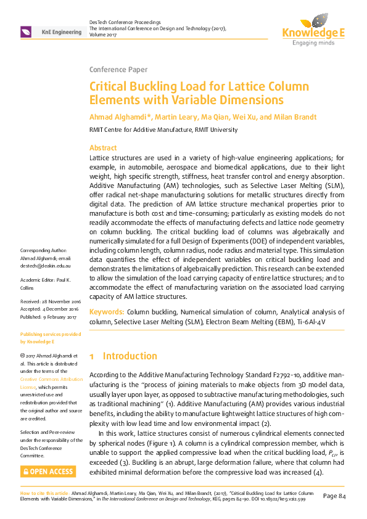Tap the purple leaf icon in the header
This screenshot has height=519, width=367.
pos(27,32)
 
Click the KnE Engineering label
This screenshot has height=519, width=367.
pos(61,32)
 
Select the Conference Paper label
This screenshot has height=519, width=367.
pos(118,69)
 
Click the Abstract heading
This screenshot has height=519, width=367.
pos(103,148)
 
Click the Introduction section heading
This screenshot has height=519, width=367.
pos(130,356)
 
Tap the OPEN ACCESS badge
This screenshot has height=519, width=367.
pos(48,472)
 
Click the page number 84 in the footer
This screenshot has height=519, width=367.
pos(338,496)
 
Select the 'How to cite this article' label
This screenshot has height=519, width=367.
pos(44,494)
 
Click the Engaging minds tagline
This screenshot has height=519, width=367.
pos(313,43)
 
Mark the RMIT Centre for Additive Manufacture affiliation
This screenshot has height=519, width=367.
pos(163,130)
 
